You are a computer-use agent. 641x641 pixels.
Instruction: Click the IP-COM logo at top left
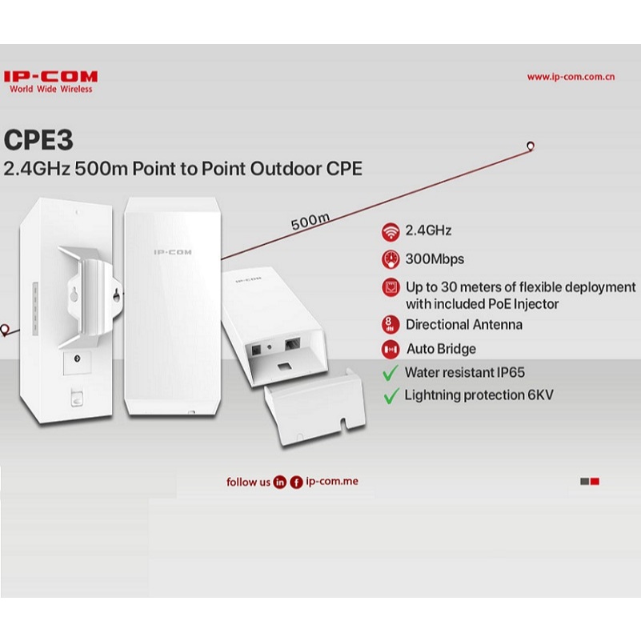click(50, 82)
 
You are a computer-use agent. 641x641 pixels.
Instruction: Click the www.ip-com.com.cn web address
click(571, 77)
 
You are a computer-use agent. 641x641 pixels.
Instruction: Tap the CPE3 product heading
click(38, 140)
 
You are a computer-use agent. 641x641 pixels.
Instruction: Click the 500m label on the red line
click(310, 221)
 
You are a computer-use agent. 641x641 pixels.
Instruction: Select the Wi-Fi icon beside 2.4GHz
click(391, 231)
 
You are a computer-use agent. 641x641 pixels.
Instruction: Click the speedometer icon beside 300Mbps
click(391, 259)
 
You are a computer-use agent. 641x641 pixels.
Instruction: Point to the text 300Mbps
click(435, 259)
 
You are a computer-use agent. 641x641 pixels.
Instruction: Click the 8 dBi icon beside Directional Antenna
click(390, 325)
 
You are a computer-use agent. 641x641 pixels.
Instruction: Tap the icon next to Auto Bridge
click(391, 349)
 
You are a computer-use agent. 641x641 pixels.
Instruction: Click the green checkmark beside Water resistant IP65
click(391, 372)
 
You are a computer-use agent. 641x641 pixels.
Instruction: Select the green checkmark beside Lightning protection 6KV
click(391, 395)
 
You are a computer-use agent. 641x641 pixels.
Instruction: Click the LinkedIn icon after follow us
click(279, 483)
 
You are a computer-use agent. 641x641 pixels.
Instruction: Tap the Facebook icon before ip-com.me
click(296, 483)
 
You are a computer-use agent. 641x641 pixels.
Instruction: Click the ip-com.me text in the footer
click(332, 481)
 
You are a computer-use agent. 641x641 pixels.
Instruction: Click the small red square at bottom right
click(595, 482)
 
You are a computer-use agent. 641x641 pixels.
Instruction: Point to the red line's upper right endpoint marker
click(531, 146)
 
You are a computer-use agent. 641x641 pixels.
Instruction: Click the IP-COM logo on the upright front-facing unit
click(173, 252)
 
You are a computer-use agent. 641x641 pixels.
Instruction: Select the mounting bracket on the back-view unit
click(90, 296)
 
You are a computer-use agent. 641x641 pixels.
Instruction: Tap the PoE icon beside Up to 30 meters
click(391, 287)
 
